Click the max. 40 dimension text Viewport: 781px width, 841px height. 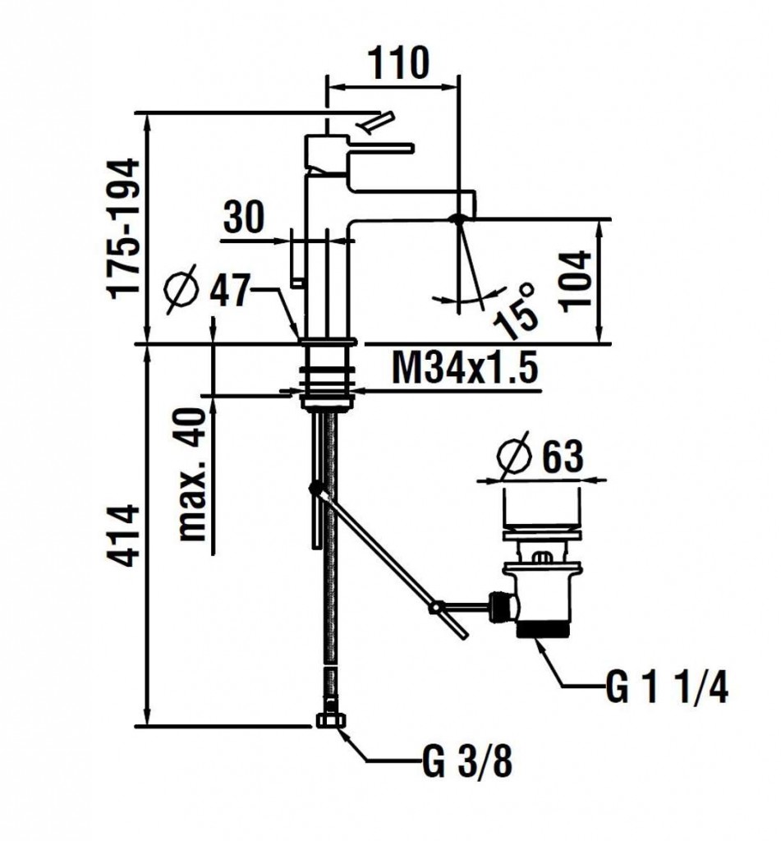(x=193, y=475)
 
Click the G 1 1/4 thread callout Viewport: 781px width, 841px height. (x=666, y=688)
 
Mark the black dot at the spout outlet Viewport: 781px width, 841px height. (x=459, y=218)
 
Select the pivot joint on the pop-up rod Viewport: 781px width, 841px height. (x=315, y=489)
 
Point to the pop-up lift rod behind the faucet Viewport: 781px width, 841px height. (x=296, y=259)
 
